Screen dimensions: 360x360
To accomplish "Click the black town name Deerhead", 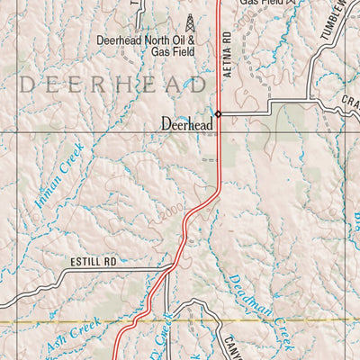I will point(186,125).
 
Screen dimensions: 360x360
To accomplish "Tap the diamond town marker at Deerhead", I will point(218,114).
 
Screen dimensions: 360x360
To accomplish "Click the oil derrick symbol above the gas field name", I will point(190,22).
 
